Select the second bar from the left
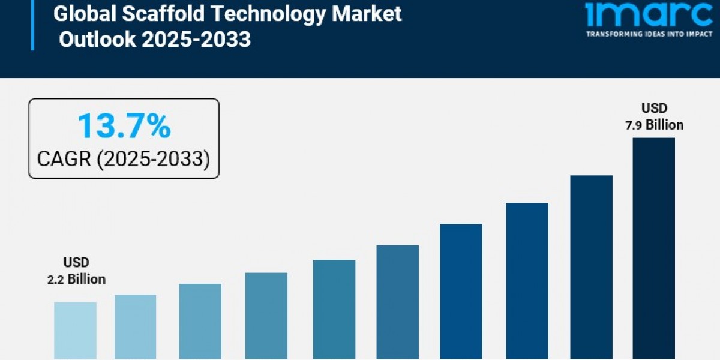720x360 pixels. [136, 327]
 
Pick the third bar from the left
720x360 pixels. [200, 321]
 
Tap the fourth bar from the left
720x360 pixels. [266, 316]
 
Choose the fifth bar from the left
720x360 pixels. [334, 309]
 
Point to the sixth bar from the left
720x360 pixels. [398, 302]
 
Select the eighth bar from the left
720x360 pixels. [527, 281]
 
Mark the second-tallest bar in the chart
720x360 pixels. [591, 267]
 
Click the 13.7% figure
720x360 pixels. [124, 127]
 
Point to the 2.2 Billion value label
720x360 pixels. [77, 279]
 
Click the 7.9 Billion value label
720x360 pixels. [654, 125]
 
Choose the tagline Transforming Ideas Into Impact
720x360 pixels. [641, 34]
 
